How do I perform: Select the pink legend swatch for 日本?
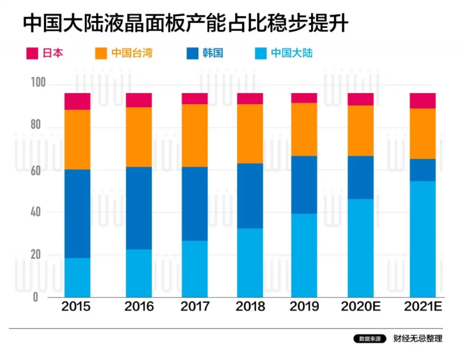point(32,53)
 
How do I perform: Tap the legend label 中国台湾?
point(132,53)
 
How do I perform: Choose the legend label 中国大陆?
point(291,53)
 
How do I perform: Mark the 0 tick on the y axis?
point(36,297)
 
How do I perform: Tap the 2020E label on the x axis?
point(361,307)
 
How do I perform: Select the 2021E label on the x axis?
point(423,307)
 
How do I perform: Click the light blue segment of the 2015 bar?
point(77,277)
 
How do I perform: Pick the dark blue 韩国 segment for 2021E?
point(423,170)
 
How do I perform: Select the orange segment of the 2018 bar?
point(250,134)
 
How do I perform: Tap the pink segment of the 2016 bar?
point(139,100)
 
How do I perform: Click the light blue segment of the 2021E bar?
point(423,239)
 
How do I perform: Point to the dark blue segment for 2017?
point(194,204)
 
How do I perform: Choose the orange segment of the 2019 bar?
point(304,129)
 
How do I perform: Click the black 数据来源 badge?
point(370,339)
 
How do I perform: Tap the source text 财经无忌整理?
point(417,339)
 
